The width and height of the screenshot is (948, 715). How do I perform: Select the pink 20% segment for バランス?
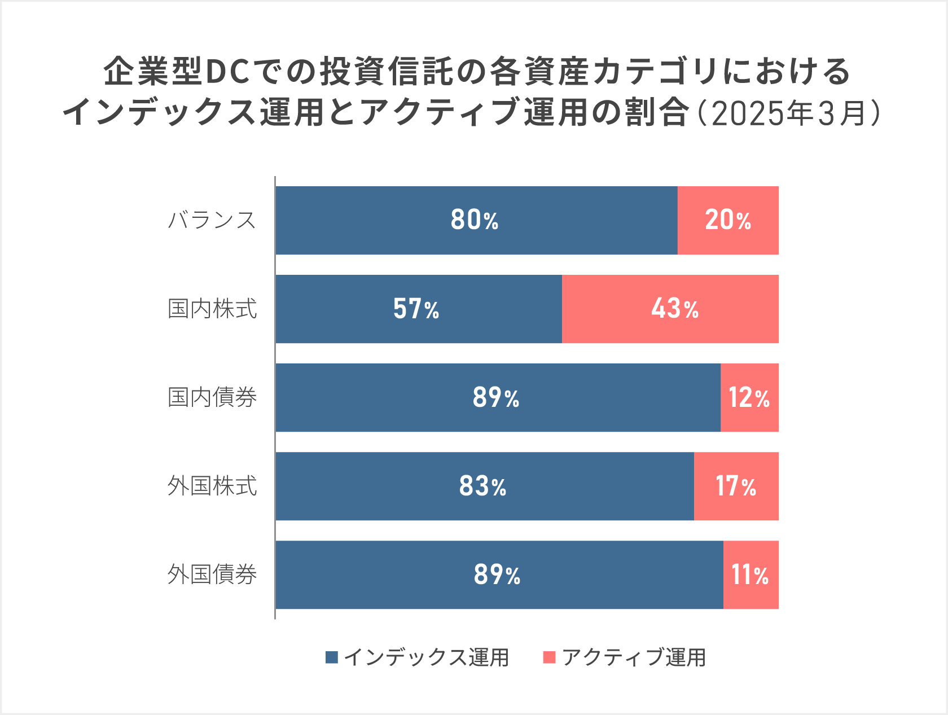coord(728,220)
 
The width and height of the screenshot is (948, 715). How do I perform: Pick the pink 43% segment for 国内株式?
coord(670,309)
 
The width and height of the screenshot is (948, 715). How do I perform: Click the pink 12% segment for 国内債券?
coord(749,397)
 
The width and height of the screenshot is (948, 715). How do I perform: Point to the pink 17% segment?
coord(736,486)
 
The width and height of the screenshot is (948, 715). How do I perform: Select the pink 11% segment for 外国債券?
coord(750,574)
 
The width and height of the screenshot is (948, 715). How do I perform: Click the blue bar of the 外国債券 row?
coord(395,574)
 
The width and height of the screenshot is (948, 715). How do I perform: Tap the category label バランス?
coord(212,220)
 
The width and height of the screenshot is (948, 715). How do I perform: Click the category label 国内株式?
coord(212,309)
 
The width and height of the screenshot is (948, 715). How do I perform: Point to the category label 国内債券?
coord(212,397)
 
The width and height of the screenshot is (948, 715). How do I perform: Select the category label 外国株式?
coord(212,486)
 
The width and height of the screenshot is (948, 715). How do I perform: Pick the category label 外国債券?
coord(212,574)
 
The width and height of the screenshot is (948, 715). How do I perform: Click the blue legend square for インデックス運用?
coord(332,657)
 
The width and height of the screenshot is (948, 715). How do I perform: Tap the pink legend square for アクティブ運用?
coord(549,657)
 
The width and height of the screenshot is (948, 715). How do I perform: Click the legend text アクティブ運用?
coord(634,657)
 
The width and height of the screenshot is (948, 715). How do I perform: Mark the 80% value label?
coord(475,220)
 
